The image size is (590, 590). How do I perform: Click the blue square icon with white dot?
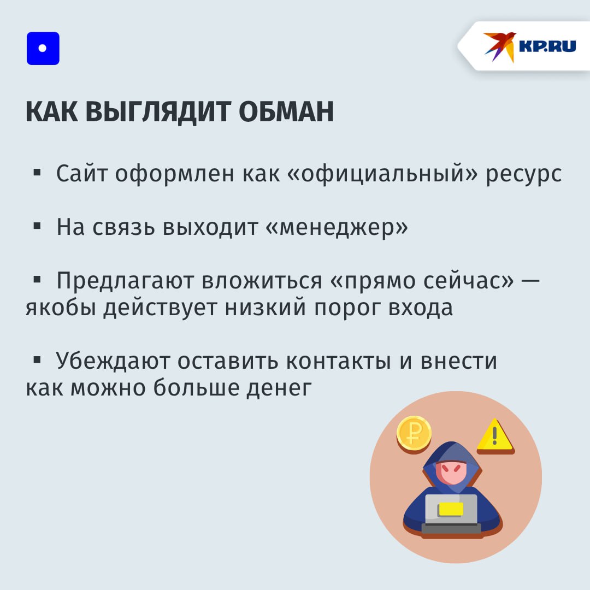[43, 48]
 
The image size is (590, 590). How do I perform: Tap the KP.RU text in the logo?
[547, 46]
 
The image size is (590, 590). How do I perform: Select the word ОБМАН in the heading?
[286, 111]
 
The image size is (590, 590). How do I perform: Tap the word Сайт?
[81, 174]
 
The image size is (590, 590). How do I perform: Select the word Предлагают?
[125, 281]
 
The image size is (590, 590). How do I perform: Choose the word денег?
[279, 388]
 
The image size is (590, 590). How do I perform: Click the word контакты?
[339, 361]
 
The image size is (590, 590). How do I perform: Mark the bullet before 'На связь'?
[37, 226]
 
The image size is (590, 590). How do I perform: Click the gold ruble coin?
[414, 433]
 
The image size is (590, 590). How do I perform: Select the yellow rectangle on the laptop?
[450, 509]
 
